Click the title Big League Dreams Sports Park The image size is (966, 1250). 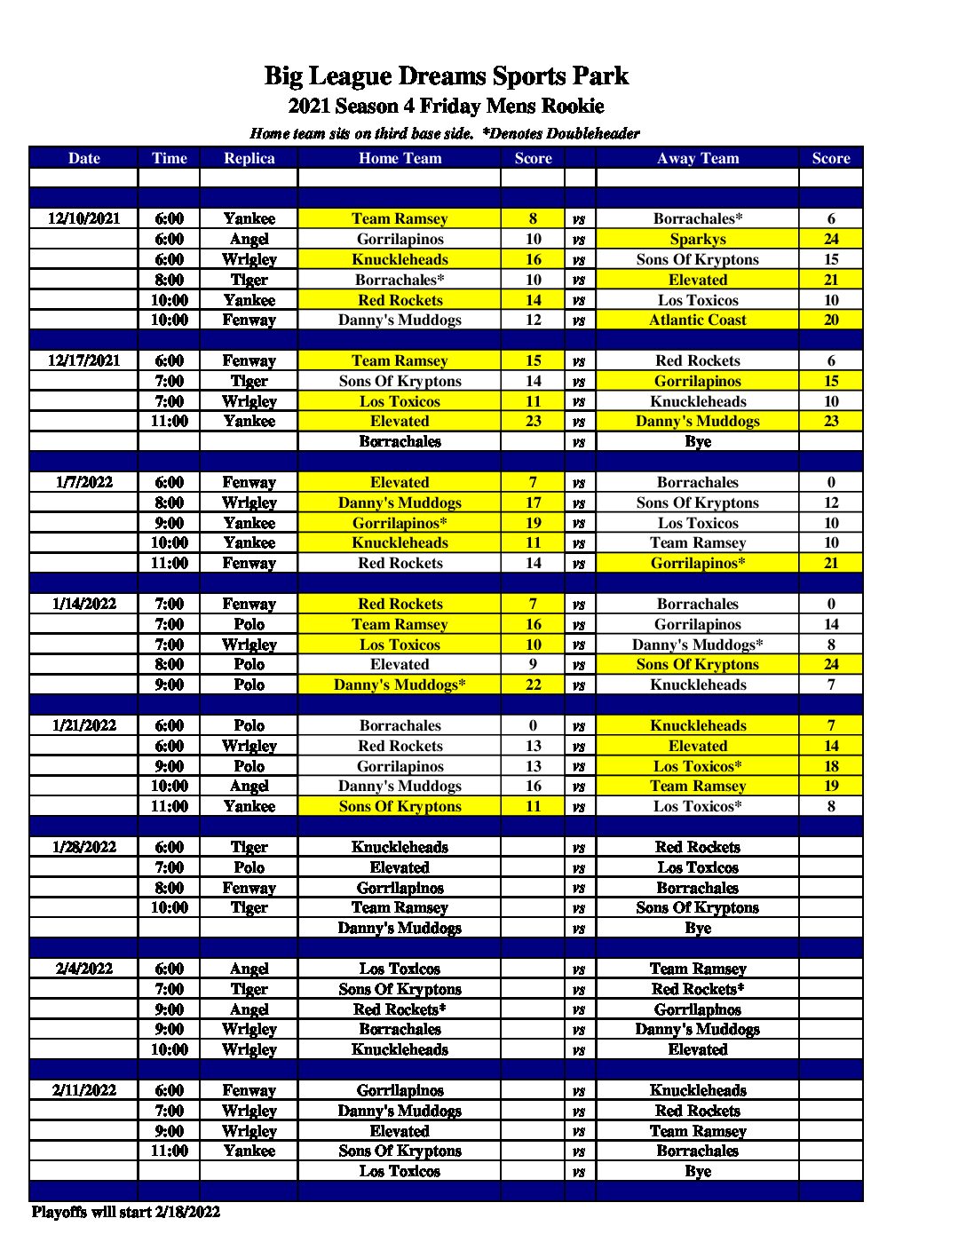tap(446, 76)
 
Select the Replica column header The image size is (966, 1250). tap(249, 158)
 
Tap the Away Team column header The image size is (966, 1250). tap(697, 158)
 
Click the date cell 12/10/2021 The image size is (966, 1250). tap(83, 218)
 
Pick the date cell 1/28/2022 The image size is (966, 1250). tap(83, 847)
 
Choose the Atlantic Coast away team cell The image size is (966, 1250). tap(697, 320)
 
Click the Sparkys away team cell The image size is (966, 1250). tap(697, 239)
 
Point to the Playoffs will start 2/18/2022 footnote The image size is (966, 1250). tap(125, 1212)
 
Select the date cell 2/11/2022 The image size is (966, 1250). tap(83, 1090)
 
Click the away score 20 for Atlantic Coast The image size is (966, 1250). tap(830, 320)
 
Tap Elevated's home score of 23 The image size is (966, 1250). tap(533, 421)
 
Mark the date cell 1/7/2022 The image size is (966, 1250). tap(83, 482)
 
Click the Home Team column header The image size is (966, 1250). tap(400, 158)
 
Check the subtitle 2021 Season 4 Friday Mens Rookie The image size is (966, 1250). tap(446, 107)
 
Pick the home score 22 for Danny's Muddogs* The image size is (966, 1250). tap(533, 684)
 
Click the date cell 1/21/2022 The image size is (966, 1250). tap(83, 725)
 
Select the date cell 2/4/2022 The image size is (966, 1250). tap(83, 969)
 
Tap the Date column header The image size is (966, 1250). tap(83, 158)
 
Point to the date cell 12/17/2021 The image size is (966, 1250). tap(83, 360)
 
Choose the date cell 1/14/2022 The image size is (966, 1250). tap(83, 604)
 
